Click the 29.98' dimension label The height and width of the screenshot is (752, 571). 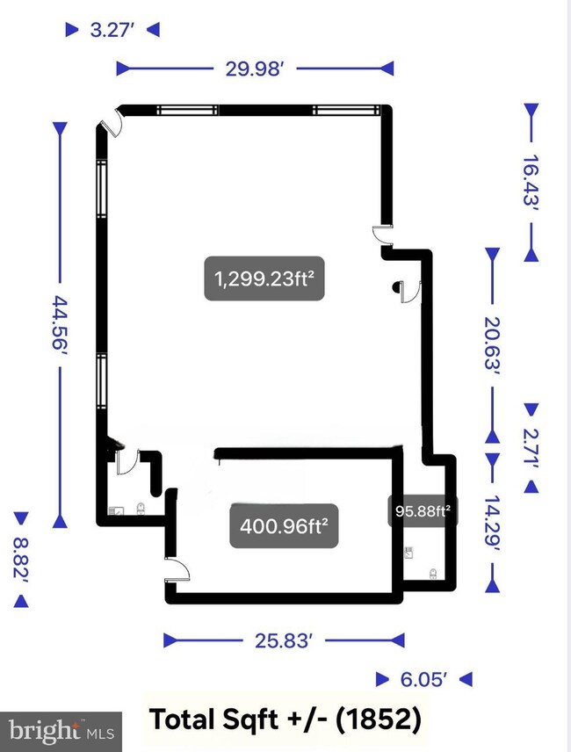coord(255,69)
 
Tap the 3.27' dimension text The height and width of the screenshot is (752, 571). coord(112,30)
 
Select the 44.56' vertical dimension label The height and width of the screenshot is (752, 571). coord(61,323)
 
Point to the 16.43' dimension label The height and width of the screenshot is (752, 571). coord(531,181)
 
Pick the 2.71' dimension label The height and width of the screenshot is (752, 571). coord(531,447)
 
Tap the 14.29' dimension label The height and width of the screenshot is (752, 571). coord(492,524)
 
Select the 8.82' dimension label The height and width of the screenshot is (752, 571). coord(21,560)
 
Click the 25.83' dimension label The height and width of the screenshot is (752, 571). coord(284,640)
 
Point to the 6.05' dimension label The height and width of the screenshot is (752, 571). coord(423,679)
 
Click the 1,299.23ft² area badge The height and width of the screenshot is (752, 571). coord(264,278)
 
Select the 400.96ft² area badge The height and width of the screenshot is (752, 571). coord(285,526)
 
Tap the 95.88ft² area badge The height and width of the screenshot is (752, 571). coord(423,510)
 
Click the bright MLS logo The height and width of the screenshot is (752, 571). coord(61,732)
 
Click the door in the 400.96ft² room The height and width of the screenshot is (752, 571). coord(178,570)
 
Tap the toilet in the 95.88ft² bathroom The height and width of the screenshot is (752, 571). coord(433,574)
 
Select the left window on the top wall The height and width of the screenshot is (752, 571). coord(187,111)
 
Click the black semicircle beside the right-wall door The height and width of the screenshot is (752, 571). coord(396,287)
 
